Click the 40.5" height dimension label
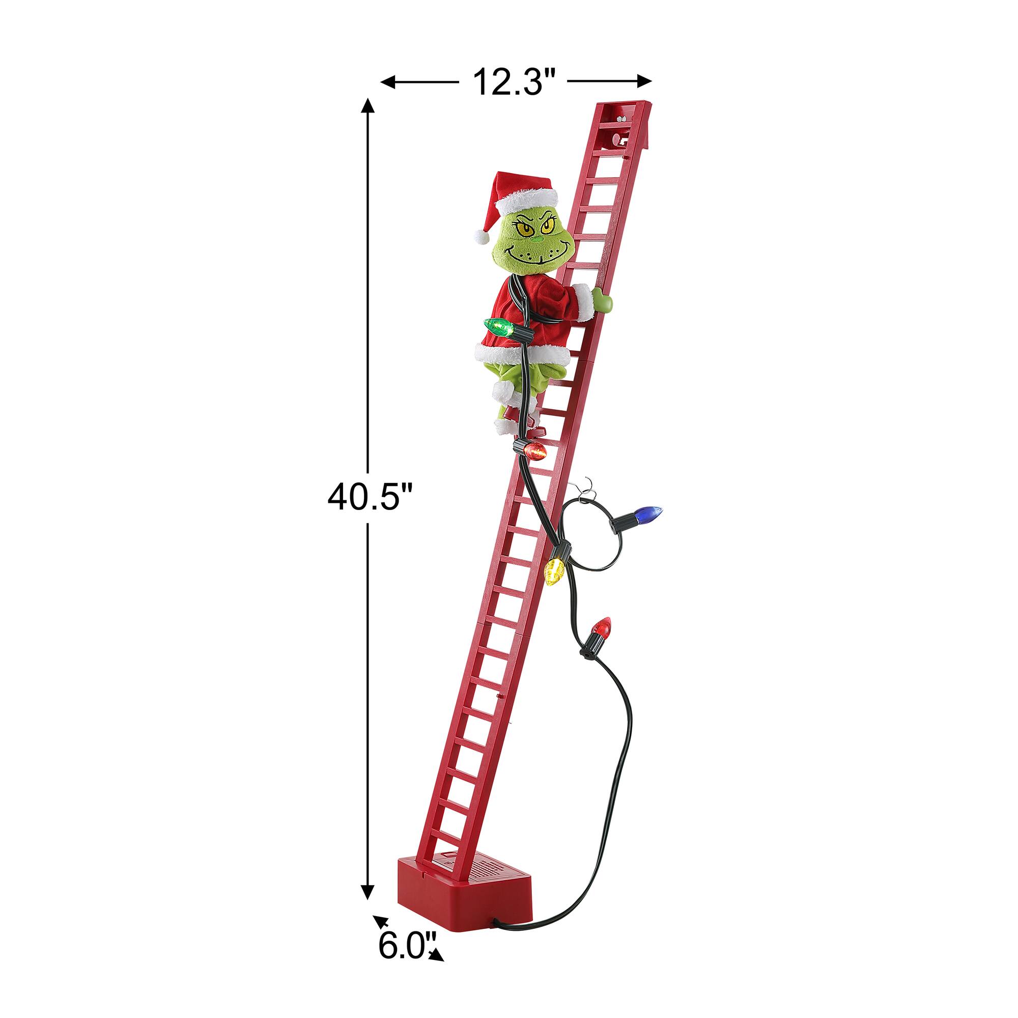369,497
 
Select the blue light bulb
647,512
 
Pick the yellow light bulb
555,571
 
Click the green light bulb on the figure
497,327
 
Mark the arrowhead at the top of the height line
369,106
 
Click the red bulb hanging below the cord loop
601,628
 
